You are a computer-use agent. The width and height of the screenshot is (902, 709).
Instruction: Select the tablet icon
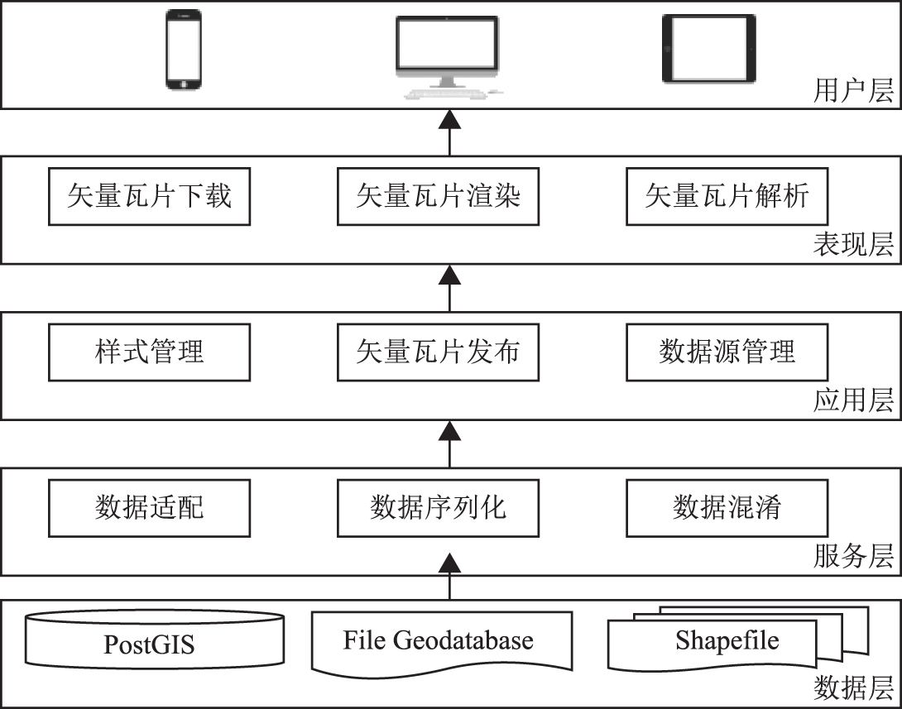tap(708, 49)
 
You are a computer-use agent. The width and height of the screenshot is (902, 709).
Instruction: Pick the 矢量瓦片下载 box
tap(149, 197)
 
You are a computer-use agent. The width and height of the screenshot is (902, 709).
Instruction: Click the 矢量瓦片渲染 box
tap(438, 197)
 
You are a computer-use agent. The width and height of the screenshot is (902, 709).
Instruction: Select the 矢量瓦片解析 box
tap(727, 197)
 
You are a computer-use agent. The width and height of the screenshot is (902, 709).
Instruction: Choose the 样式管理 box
tap(149, 352)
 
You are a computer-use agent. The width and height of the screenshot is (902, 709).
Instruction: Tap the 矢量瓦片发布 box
tap(438, 352)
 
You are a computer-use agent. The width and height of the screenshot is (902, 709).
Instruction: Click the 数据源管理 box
tap(727, 352)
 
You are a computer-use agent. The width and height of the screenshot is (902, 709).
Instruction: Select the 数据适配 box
tap(149, 507)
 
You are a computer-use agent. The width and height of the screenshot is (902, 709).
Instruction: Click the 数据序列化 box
tap(438, 507)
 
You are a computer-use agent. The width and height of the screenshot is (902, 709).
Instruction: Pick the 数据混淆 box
tap(727, 507)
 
